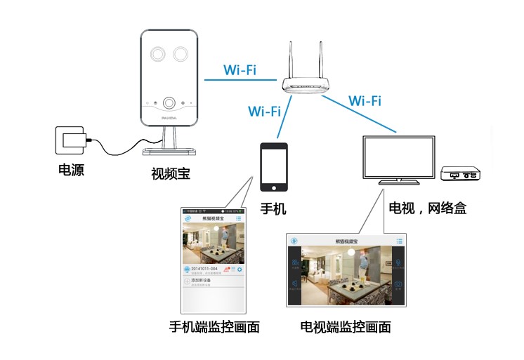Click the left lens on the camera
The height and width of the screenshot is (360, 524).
[155, 54]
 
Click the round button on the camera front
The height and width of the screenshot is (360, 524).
[169, 103]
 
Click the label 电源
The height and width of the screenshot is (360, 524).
[71, 170]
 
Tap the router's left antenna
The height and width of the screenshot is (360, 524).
[290, 60]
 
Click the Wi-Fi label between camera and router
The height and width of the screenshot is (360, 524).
[240, 71]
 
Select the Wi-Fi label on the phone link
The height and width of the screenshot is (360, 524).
[264, 111]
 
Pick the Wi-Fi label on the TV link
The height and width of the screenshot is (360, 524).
[365, 100]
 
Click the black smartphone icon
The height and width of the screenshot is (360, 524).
[274, 166]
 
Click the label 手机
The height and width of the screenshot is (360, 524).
[273, 209]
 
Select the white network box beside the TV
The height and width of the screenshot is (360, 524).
[461, 173]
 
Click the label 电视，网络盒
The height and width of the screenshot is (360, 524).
[428, 208]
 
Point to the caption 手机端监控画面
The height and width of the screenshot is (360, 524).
[214, 326]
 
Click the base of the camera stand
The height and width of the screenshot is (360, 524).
[168, 151]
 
